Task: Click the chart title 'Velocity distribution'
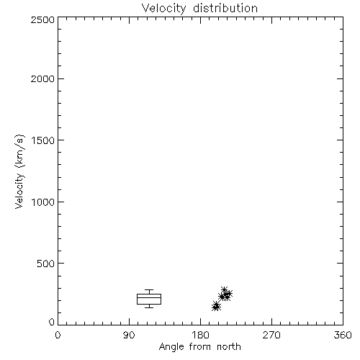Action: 199,8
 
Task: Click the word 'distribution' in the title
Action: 225,8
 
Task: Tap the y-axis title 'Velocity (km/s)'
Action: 19,171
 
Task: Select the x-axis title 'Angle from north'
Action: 199,347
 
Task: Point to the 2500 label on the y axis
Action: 42,19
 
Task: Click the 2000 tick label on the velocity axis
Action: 42,78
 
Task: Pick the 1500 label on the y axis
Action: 42,140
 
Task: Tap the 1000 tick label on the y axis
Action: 42,202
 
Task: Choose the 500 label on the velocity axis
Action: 45,264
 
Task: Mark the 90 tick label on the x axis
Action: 129,335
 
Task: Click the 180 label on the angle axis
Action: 200,335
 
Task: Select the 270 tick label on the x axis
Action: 271,335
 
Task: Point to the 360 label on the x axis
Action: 343,335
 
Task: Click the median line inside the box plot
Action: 149,297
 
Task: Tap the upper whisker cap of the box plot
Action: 149,290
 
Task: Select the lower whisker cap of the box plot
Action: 149,307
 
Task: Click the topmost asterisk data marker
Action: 224,290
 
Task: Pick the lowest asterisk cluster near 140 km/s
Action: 216,307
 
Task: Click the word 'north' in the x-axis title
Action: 229,347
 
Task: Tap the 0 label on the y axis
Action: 52,322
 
